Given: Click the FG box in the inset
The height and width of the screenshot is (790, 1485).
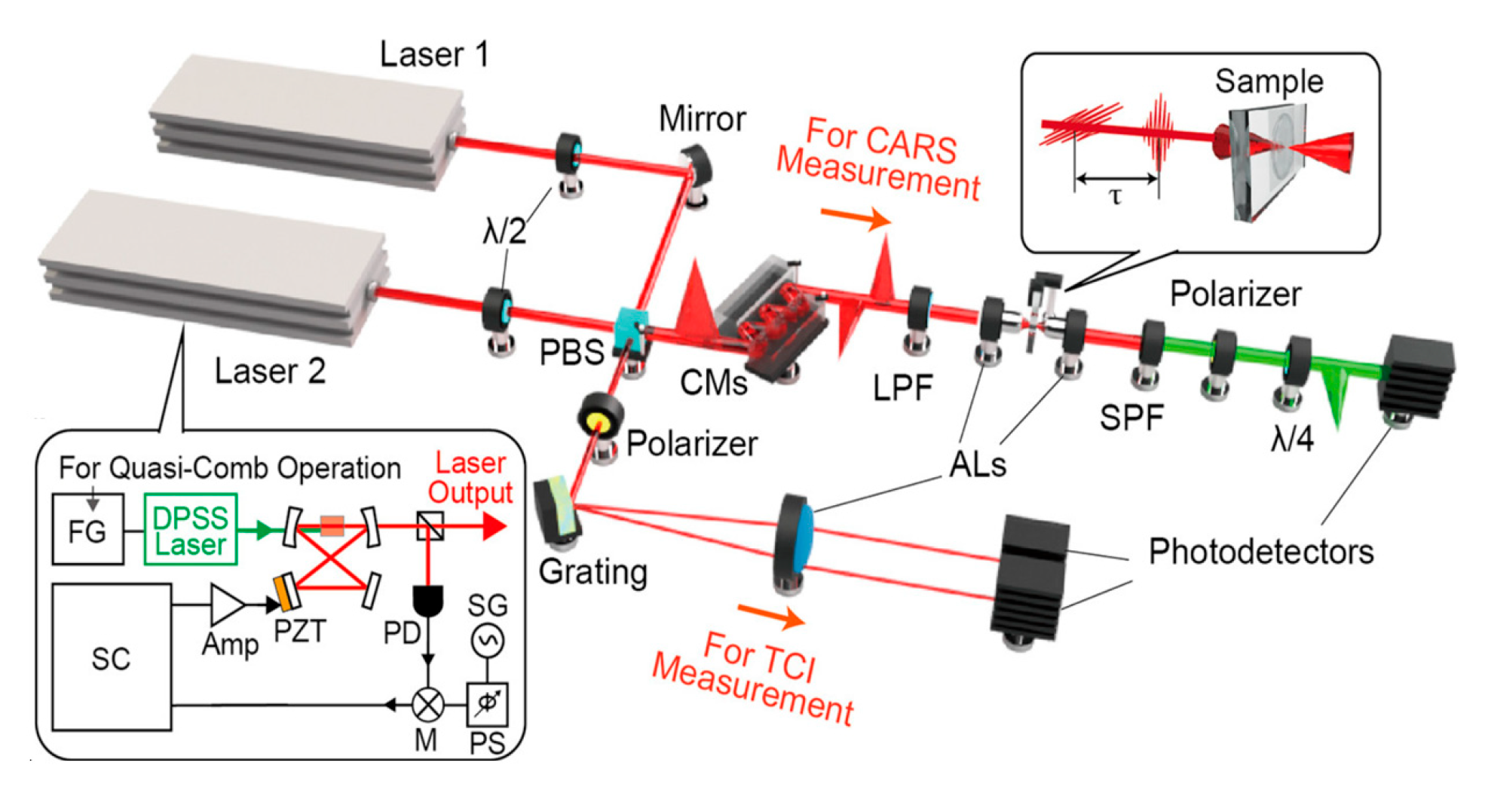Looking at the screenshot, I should (x=87, y=529).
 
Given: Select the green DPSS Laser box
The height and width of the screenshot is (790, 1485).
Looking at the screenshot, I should (x=191, y=529).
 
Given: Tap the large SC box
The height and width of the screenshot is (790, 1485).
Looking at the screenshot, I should (x=112, y=657).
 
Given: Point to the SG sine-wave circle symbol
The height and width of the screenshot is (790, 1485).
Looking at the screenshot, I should (x=487, y=641).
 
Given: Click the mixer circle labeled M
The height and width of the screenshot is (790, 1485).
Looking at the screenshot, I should (x=427, y=705).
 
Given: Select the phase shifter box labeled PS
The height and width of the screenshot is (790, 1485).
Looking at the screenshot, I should (x=487, y=704).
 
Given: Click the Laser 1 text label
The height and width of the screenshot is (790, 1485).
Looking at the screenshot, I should (x=434, y=54).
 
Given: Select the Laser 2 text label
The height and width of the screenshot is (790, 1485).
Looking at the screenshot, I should (x=270, y=371).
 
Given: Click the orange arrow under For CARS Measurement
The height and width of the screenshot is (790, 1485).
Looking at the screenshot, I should (x=856, y=219).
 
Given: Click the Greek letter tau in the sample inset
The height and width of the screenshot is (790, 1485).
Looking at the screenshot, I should (x=1116, y=197).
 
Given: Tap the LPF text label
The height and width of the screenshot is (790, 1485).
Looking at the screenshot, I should (x=902, y=388).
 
